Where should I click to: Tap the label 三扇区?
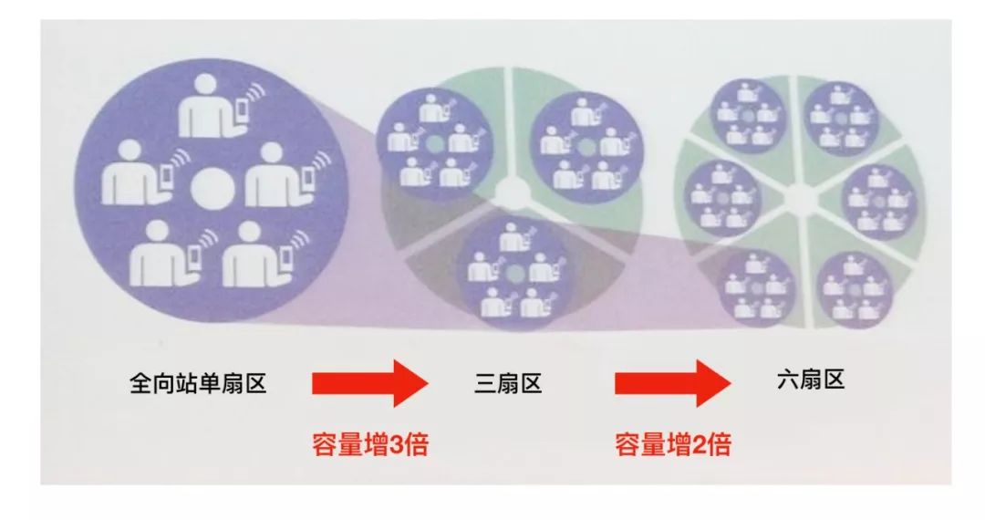(508, 384)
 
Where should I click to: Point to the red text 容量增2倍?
(672, 445)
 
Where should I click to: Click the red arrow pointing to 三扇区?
(369, 383)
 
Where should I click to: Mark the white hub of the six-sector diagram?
(800, 195)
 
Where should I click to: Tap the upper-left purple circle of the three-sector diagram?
(433, 143)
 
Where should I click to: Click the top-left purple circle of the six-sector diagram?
(748, 116)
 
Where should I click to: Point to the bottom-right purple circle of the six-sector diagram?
(853, 287)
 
